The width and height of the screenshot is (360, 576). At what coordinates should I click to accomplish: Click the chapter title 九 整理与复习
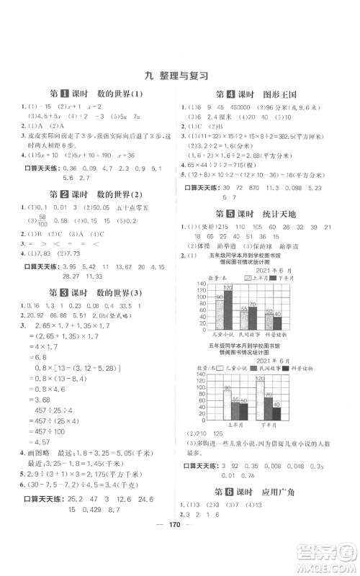[179, 74]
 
